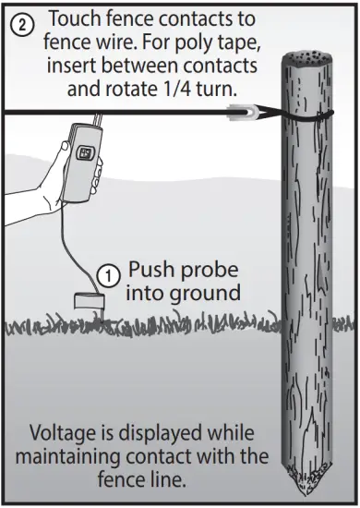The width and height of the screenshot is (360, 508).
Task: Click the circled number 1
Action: pos(109,273)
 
